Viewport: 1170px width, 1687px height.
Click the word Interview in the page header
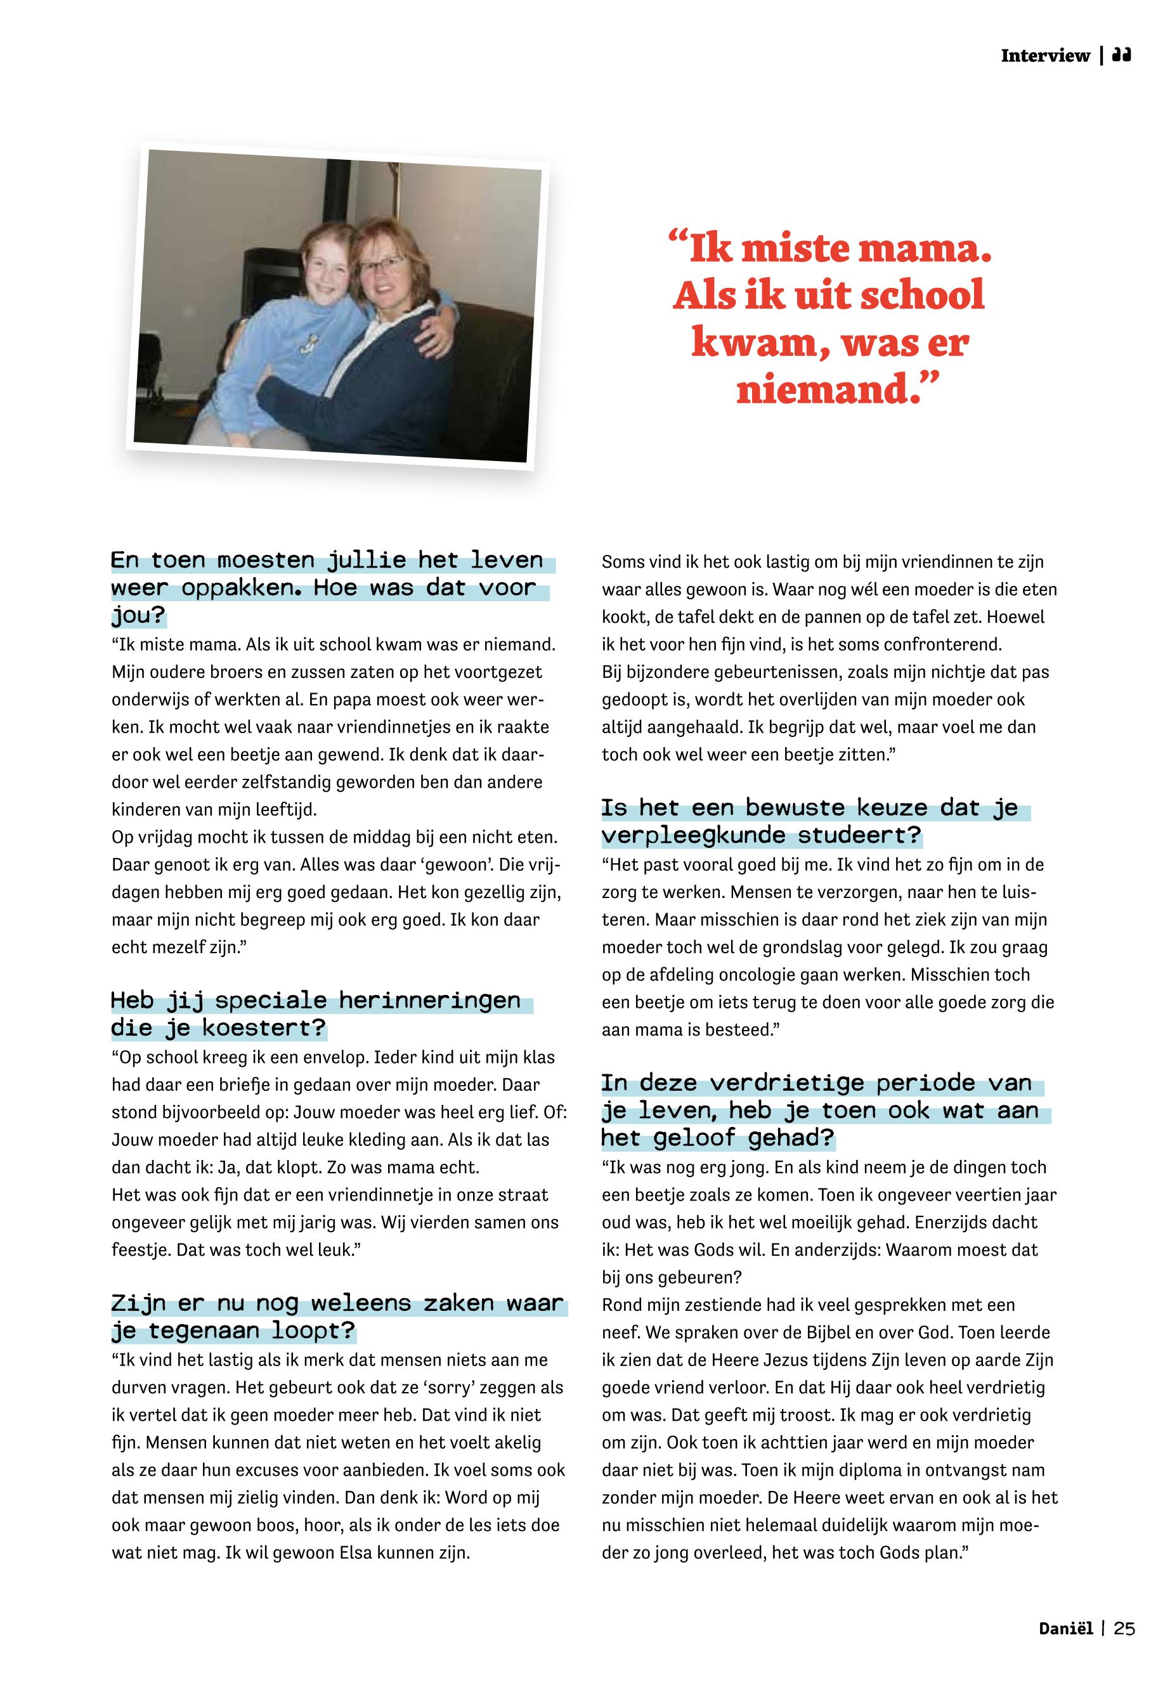(1044, 56)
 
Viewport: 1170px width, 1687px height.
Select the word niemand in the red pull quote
(828, 389)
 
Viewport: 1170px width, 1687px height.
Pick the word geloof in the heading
(692, 1138)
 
